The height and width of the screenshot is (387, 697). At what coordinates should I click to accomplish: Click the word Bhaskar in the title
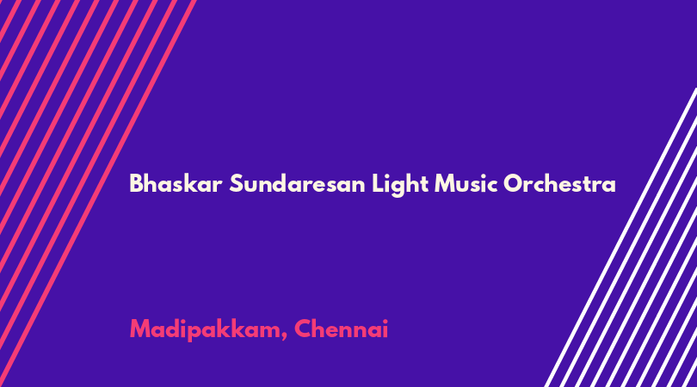176,183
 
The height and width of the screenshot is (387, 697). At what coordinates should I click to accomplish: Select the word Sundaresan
297,183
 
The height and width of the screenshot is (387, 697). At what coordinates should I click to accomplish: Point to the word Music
466,183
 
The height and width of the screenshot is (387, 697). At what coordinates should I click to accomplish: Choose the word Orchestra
559,183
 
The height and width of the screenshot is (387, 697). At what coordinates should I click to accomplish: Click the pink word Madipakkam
206,330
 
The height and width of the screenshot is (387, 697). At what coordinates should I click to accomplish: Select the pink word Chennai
341,329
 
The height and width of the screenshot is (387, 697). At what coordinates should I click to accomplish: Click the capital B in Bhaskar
136,183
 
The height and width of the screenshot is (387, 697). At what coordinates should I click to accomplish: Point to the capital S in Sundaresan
236,183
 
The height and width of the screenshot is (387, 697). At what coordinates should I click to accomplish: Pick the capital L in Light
377,183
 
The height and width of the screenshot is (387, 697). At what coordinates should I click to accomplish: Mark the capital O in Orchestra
513,183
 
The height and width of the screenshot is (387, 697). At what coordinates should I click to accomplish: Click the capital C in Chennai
303,329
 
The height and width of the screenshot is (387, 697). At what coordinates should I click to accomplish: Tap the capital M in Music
445,183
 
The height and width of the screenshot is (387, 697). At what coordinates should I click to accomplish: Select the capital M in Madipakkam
140,329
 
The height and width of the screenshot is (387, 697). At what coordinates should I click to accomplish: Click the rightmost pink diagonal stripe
98,193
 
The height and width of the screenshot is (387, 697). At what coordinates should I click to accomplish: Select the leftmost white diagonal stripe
620,237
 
